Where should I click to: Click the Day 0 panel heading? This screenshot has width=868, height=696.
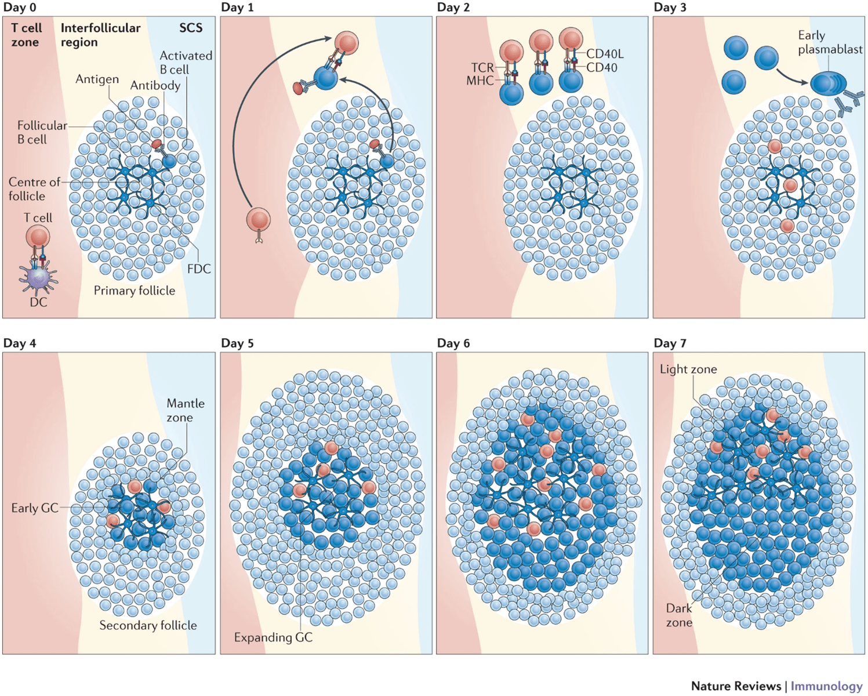pyautogui.click(x=20, y=8)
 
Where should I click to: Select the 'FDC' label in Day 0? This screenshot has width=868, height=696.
pyautogui.click(x=199, y=269)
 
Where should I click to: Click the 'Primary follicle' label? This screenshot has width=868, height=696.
pyautogui.click(x=135, y=291)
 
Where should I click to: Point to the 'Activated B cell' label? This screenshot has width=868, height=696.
pyautogui.click(x=186, y=63)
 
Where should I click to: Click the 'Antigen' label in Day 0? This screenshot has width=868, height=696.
pyautogui.click(x=97, y=79)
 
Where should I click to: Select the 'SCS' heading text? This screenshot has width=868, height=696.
pyautogui.click(x=191, y=28)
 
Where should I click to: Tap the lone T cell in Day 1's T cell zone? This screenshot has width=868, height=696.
pyautogui.click(x=259, y=220)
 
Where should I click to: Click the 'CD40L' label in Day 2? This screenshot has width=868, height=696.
pyautogui.click(x=605, y=54)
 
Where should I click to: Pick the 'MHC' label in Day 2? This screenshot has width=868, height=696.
pyautogui.click(x=480, y=81)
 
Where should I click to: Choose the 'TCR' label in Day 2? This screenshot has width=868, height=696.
pyautogui.click(x=482, y=68)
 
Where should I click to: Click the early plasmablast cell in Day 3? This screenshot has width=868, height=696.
pyautogui.click(x=827, y=84)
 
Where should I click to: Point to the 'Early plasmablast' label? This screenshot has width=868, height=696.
pyautogui.click(x=830, y=42)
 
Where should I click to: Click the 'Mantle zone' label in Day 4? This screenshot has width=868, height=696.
pyautogui.click(x=186, y=410)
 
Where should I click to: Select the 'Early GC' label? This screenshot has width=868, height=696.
pyautogui.click(x=35, y=508)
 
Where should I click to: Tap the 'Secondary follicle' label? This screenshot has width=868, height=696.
pyautogui.click(x=148, y=625)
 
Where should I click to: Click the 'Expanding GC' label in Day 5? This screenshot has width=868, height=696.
pyautogui.click(x=273, y=637)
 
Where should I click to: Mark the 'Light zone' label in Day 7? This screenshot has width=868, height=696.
pyautogui.click(x=688, y=369)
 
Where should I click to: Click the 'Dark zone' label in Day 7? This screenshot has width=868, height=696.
pyautogui.click(x=679, y=615)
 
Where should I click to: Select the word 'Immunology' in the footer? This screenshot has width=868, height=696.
pyautogui.click(x=826, y=686)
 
